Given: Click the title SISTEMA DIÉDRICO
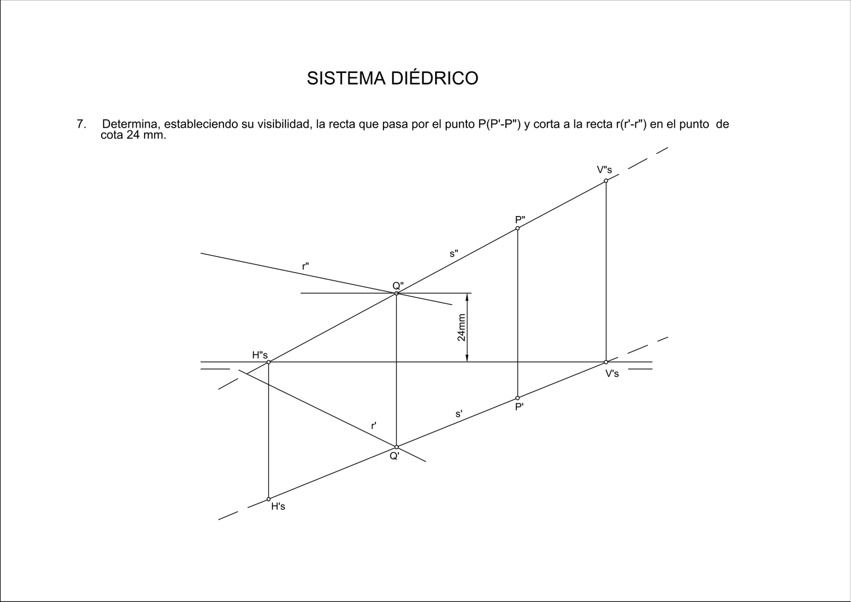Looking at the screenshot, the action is pos(393,78).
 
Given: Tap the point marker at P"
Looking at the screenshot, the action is pos(518,228).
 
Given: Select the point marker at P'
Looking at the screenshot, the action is pos(518,398).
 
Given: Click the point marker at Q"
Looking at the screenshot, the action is pos(396,293).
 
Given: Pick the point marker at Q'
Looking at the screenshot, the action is pos(396,447).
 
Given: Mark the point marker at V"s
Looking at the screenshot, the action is pos(606,180).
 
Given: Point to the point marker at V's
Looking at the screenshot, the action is pos(606,362).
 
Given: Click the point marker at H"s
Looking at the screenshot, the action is pos(269,362).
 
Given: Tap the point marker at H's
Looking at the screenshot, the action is pos(269,499).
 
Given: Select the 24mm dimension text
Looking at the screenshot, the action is pos(461,327).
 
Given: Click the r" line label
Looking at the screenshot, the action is pos(305,267).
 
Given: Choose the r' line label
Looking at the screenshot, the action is pos(374,426).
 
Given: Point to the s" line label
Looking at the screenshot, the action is pos(454,254).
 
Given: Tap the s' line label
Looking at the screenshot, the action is pos(459,414).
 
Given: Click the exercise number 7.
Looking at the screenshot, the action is pos(81,124).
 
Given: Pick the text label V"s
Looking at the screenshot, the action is pos(604,170).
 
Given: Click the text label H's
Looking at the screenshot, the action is pos(278,507).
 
